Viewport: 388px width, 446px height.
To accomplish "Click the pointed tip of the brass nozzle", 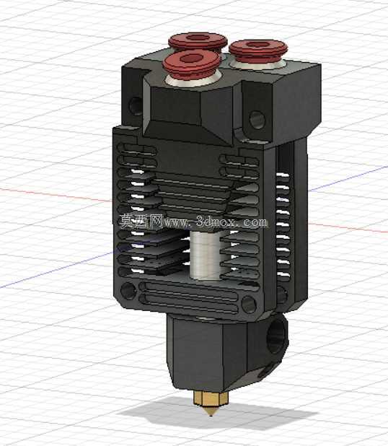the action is (211, 416).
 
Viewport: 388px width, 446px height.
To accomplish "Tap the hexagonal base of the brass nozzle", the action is (211, 398).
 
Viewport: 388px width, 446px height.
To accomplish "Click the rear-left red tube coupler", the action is (198, 41).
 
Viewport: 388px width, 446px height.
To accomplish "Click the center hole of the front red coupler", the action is (191, 59).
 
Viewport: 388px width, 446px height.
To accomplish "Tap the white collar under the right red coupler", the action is (258, 64).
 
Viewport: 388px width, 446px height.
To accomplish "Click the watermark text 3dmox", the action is (216, 222).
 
